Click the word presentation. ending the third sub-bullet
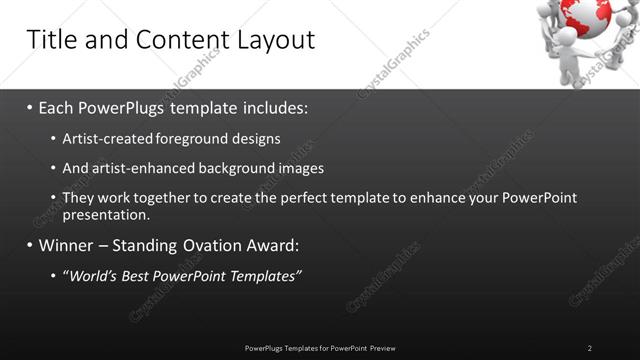(x=106, y=214)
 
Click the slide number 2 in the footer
(x=590, y=348)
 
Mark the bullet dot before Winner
(x=30, y=246)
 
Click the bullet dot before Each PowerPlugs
(x=30, y=108)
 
